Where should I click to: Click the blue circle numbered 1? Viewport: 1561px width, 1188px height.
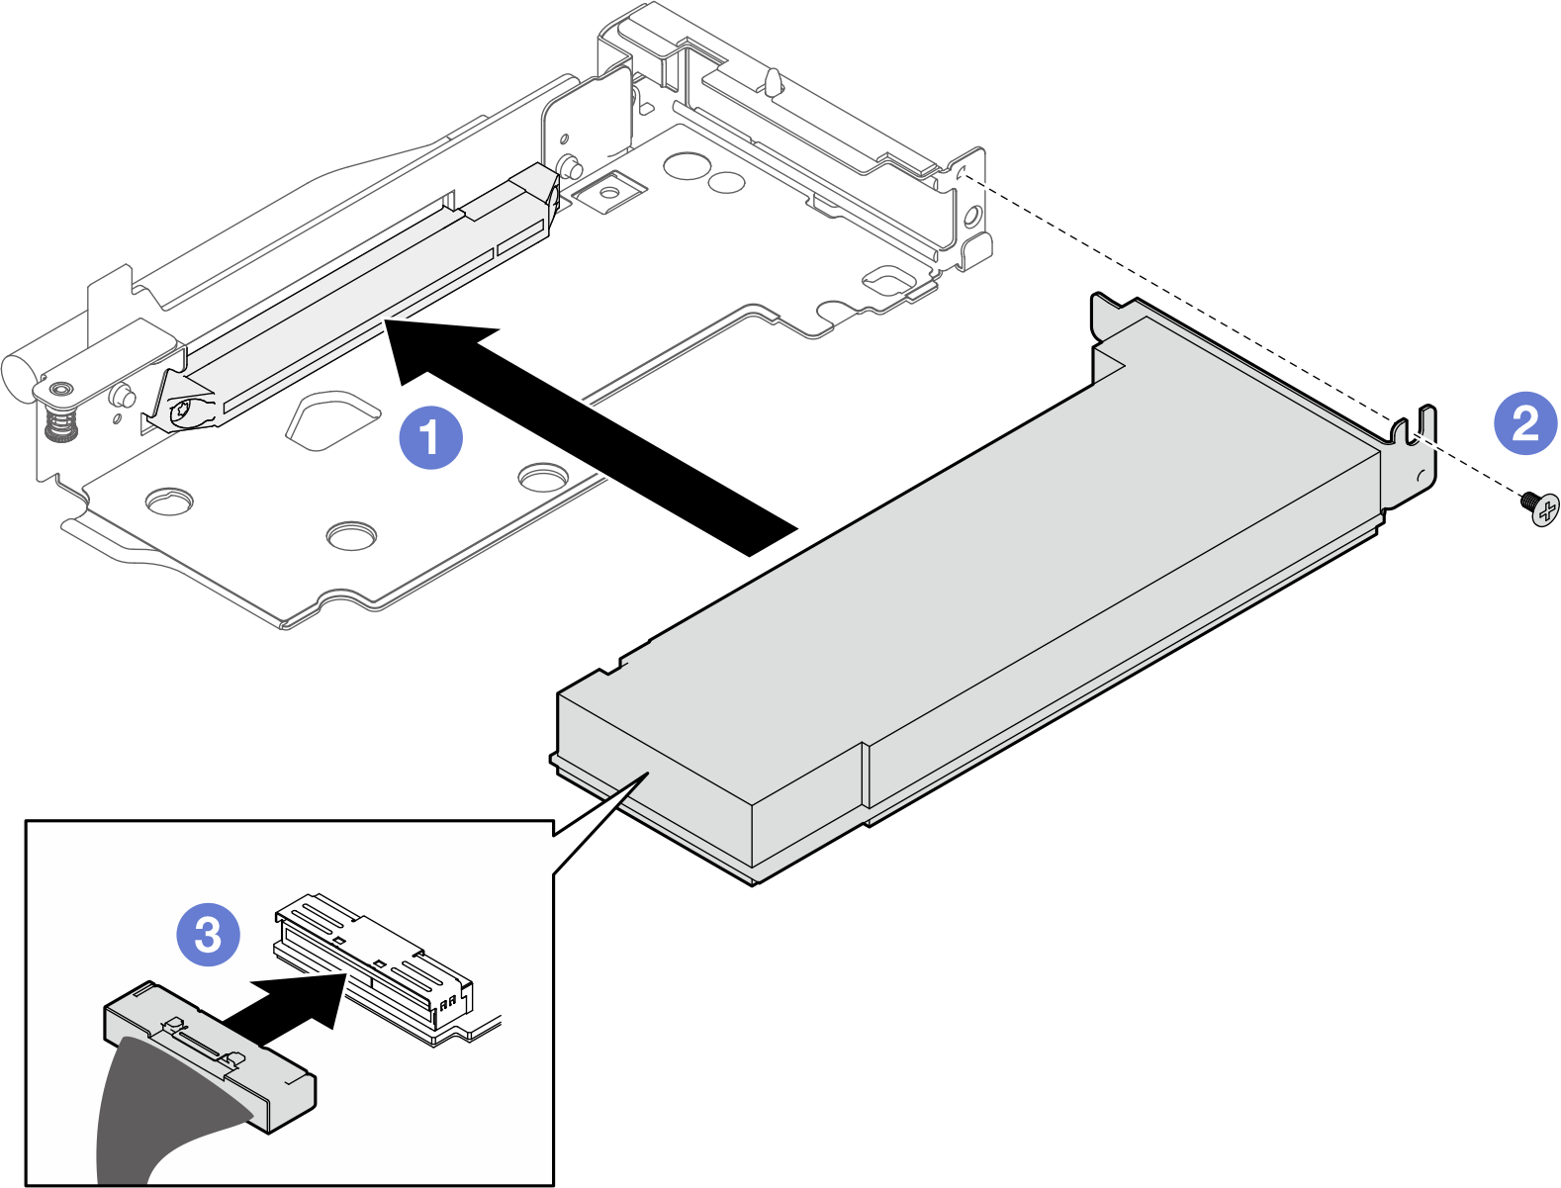pos(430,436)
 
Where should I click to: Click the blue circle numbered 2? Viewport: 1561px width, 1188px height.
pos(1524,422)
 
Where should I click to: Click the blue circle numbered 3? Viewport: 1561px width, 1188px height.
pos(208,934)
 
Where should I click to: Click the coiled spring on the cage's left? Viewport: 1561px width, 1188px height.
pos(61,426)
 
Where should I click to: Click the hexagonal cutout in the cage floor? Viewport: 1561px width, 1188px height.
pos(331,419)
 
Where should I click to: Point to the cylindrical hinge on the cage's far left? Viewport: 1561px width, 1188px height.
pos(20,374)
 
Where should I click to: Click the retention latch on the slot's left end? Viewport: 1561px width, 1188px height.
pos(183,406)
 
